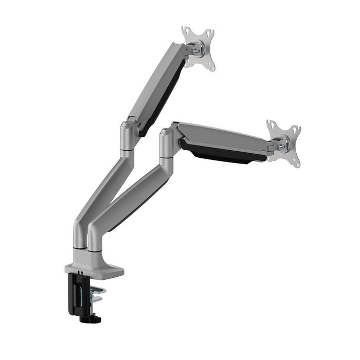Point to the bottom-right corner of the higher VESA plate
(x=211, y=68)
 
